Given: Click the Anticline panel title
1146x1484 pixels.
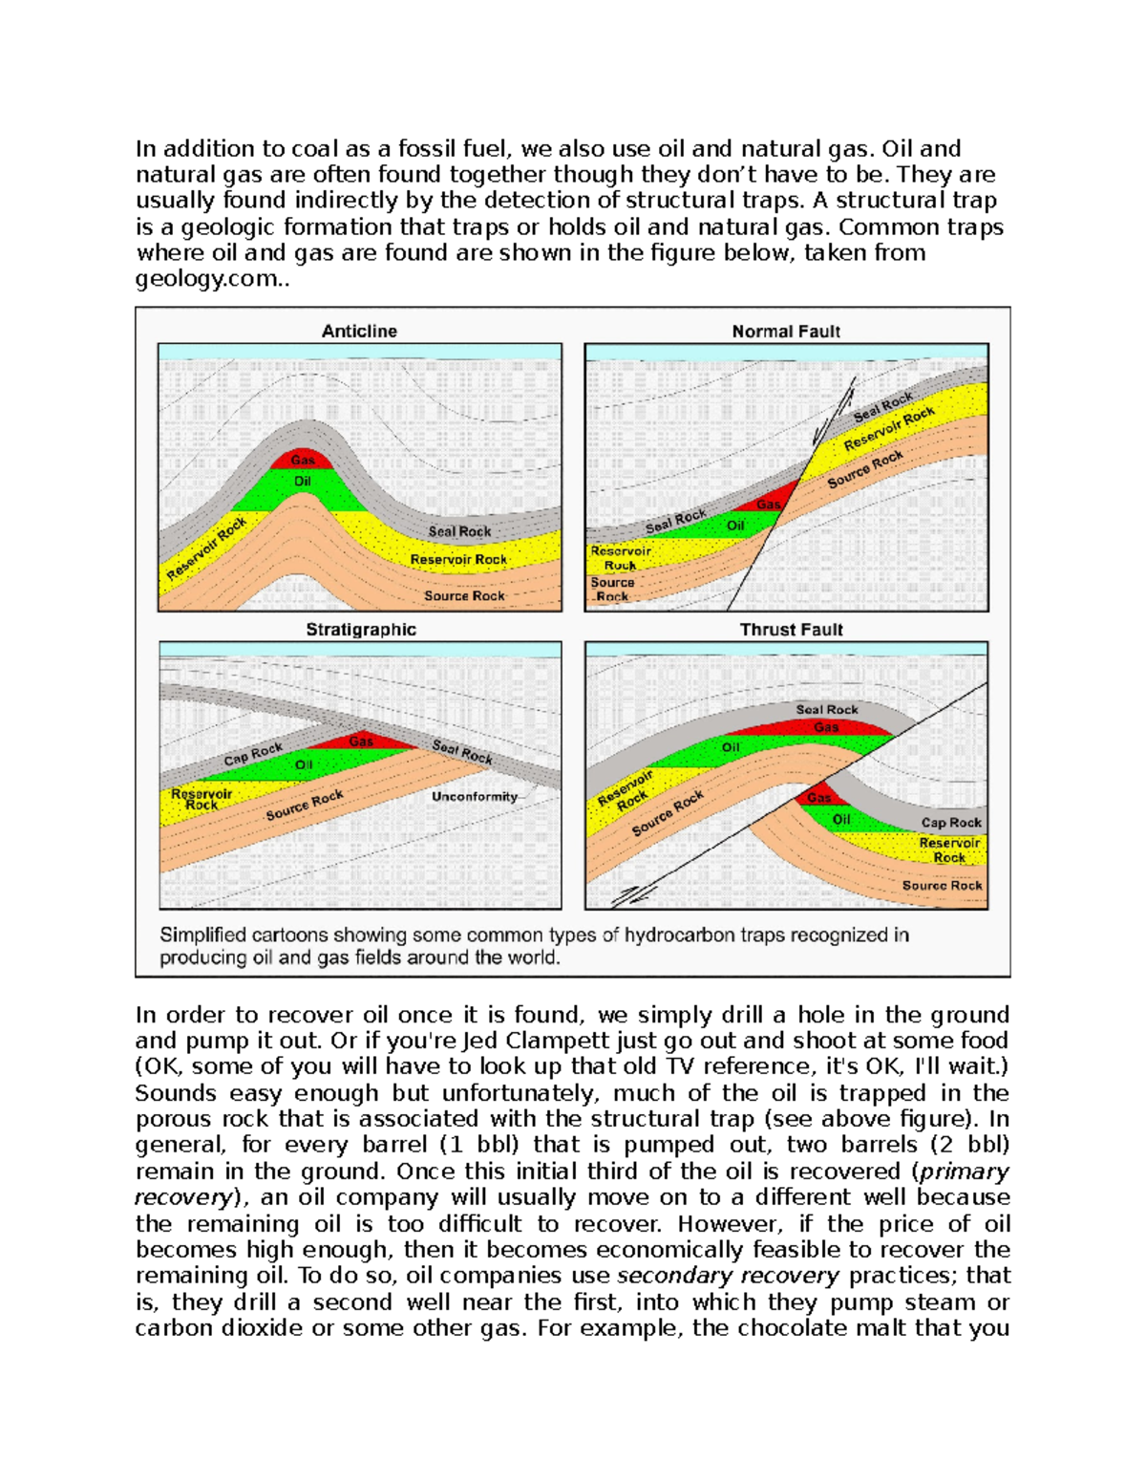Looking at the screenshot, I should (x=359, y=332).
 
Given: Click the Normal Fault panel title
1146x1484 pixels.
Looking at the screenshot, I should (x=785, y=332).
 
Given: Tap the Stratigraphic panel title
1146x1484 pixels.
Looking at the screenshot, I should (x=361, y=630).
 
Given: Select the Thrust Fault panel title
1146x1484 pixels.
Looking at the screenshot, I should (x=791, y=630).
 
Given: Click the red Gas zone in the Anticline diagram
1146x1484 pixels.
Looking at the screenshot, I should (x=302, y=460).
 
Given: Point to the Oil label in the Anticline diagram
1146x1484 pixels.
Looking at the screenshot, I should (x=303, y=482).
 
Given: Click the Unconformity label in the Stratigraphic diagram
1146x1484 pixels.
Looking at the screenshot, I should (x=475, y=796).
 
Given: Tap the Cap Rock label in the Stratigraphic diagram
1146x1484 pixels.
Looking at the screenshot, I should (x=253, y=754).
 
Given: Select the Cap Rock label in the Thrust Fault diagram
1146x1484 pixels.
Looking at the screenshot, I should (x=950, y=822).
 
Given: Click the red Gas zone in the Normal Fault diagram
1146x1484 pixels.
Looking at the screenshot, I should (x=770, y=505).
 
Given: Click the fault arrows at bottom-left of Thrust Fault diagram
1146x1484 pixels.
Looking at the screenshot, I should (x=628, y=895).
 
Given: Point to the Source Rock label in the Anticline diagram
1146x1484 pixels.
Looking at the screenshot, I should (x=464, y=595).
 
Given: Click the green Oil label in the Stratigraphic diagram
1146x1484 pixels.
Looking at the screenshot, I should (x=304, y=764).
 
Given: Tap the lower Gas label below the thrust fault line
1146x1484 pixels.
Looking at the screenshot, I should (x=818, y=797).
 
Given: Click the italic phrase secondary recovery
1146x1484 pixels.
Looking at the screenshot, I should (x=728, y=1276).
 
